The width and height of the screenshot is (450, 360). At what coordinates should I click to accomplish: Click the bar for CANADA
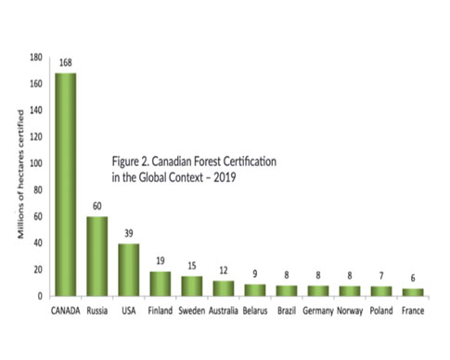66,185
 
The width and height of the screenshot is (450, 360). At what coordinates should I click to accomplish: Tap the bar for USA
130,270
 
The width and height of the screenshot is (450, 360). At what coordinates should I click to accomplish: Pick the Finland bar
161,283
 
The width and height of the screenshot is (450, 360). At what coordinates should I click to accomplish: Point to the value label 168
66,63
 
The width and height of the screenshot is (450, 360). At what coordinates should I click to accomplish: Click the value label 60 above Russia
97,206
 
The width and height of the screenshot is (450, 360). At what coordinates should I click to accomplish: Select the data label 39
130,234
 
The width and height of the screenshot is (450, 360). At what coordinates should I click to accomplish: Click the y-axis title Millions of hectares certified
18,177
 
